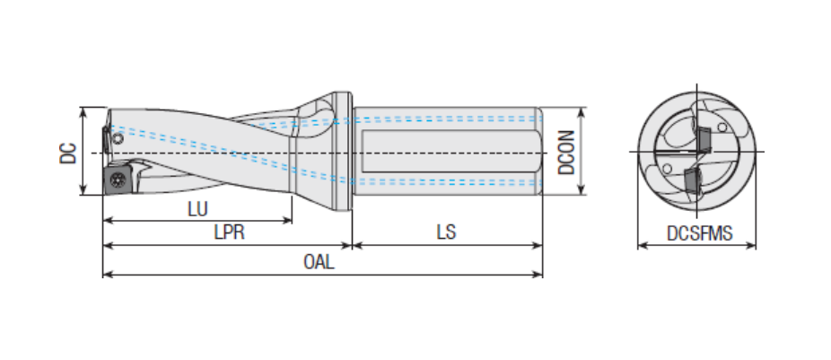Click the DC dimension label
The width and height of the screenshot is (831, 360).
tap(68, 152)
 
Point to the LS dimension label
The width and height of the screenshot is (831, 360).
tap(446, 232)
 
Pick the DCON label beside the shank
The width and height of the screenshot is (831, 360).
tap(566, 151)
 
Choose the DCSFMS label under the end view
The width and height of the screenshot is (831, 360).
tap(699, 233)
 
